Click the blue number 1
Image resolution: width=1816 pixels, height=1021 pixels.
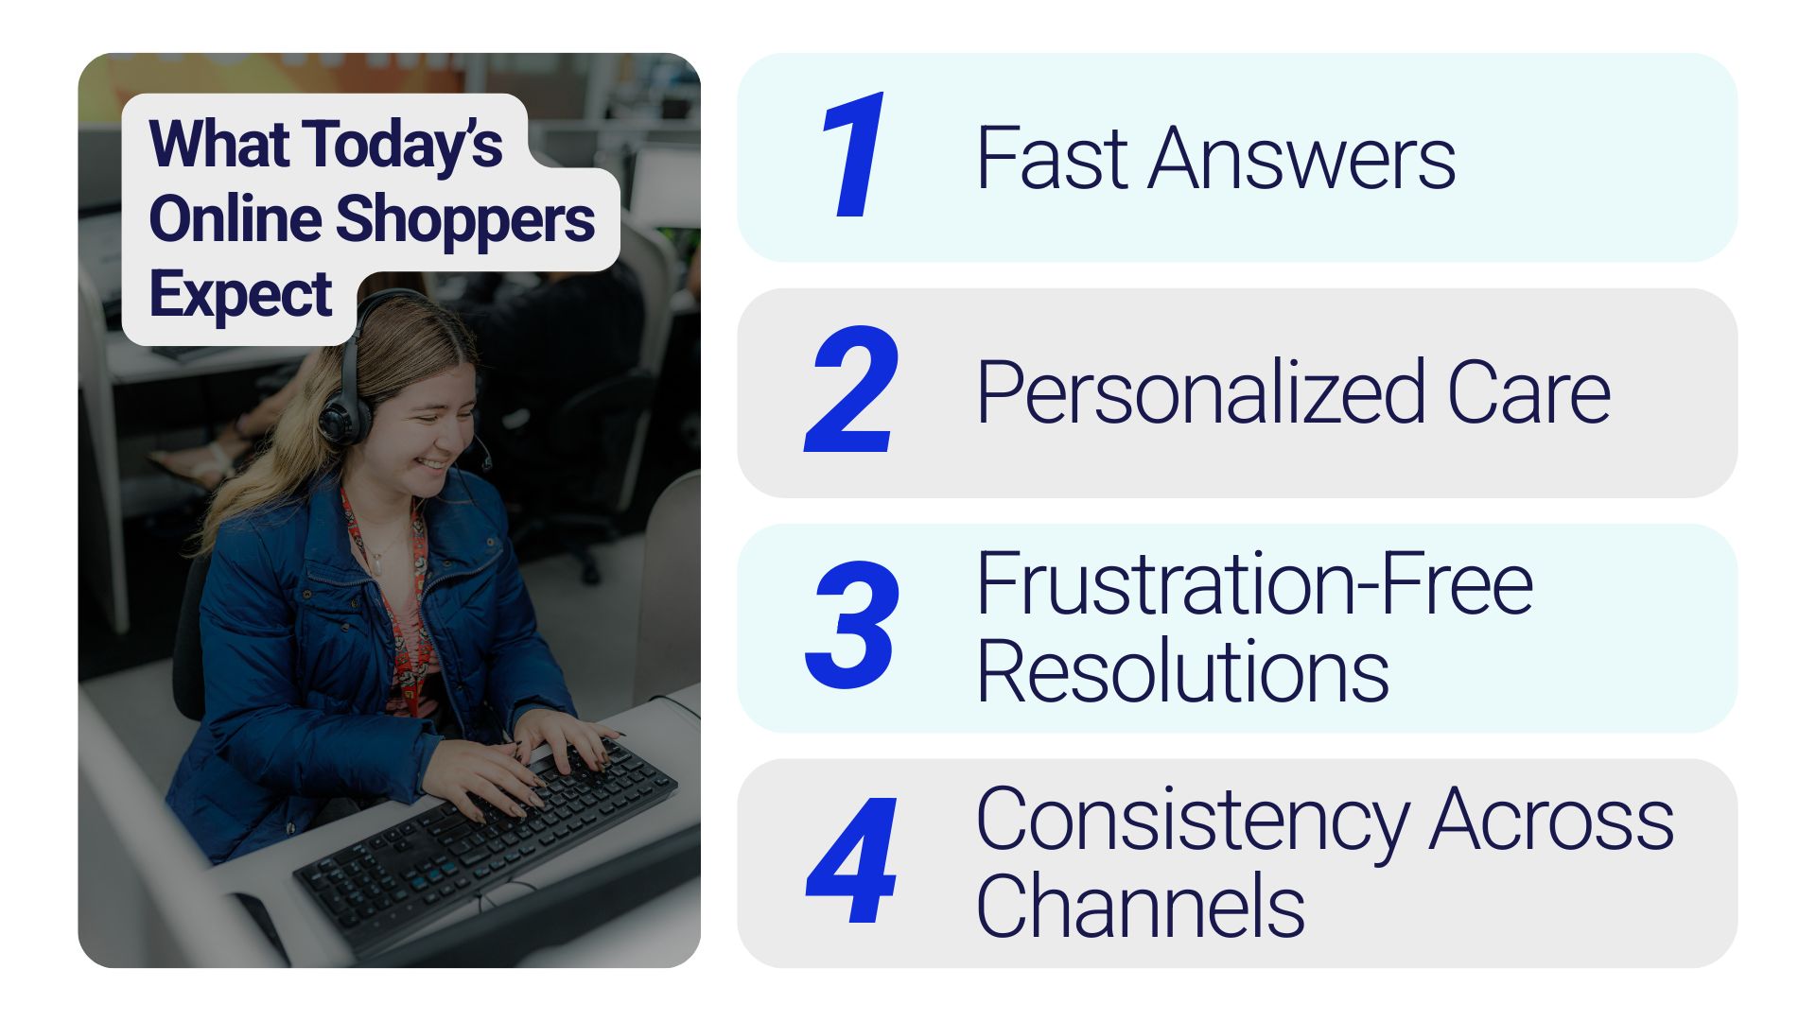854,155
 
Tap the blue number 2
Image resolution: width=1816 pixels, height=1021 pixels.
851,389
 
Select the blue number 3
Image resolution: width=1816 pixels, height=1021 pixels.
850,624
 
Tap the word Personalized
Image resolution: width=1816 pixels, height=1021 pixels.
1200,393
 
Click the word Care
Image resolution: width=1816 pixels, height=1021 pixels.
1528,393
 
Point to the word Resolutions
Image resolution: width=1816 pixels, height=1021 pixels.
1183,670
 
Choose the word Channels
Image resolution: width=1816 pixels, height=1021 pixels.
1141,905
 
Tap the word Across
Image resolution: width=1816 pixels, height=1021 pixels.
1552,819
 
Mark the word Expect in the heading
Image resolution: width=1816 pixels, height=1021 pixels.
240,295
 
